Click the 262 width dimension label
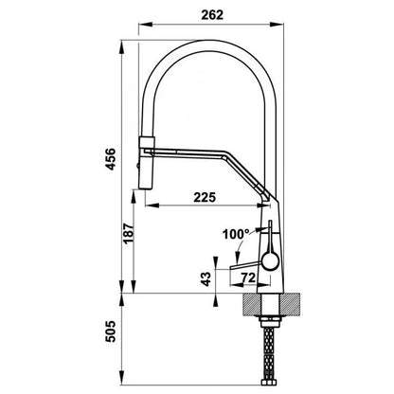[x=212, y=15]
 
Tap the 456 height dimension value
[x=111, y=159]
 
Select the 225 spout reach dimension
[x=205, y=197]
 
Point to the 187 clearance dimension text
[x=129, y=233]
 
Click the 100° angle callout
[x=236, y=234]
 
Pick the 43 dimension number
[x=206, y=279]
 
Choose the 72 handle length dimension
[x=248, y=278]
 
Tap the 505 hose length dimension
[x=111, y=331]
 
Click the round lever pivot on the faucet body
[x=270, y=261]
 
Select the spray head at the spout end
[x=147, y=163]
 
